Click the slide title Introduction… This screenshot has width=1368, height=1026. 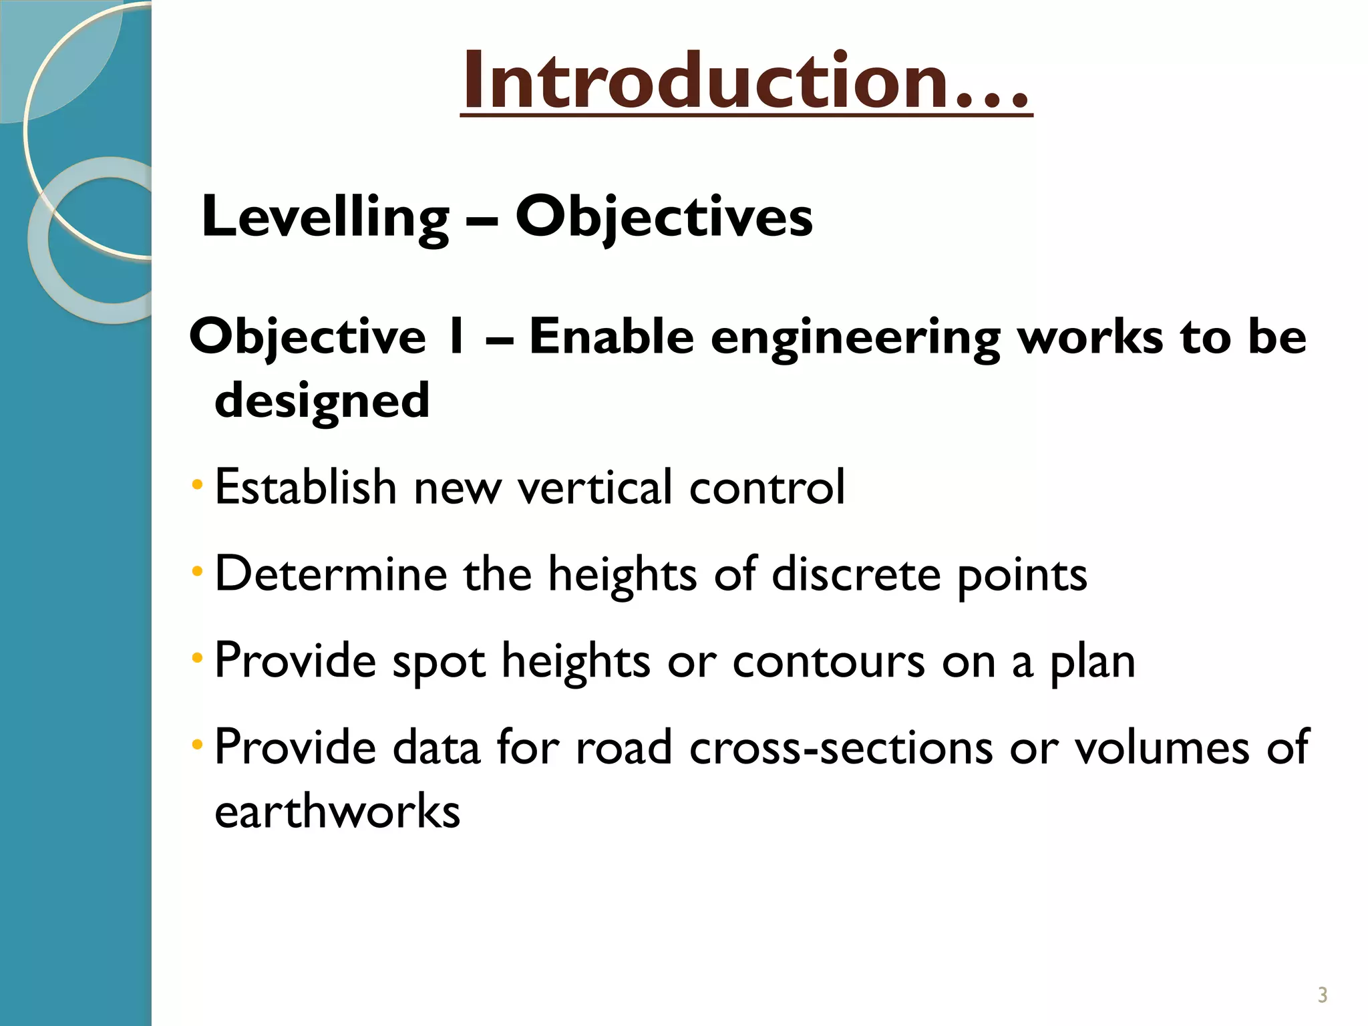coord(746,81)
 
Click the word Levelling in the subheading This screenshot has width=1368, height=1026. coord(325,217)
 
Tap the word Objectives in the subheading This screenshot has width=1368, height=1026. coord(664,217)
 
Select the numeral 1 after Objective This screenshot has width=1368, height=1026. coord(456,337)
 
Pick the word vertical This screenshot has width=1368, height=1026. coord(594,486)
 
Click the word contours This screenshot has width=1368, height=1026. coord(828,661)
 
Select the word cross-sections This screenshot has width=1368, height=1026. coord(840,747)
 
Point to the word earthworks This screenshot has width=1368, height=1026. coord(337,812)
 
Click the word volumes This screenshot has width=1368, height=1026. coord(1162,747)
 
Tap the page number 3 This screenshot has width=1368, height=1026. coord(1322,995)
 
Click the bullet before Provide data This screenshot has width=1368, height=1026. coord(196,744)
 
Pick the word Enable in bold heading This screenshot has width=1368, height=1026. coord(611,337)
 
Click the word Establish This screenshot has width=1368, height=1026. coord(306,486)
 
